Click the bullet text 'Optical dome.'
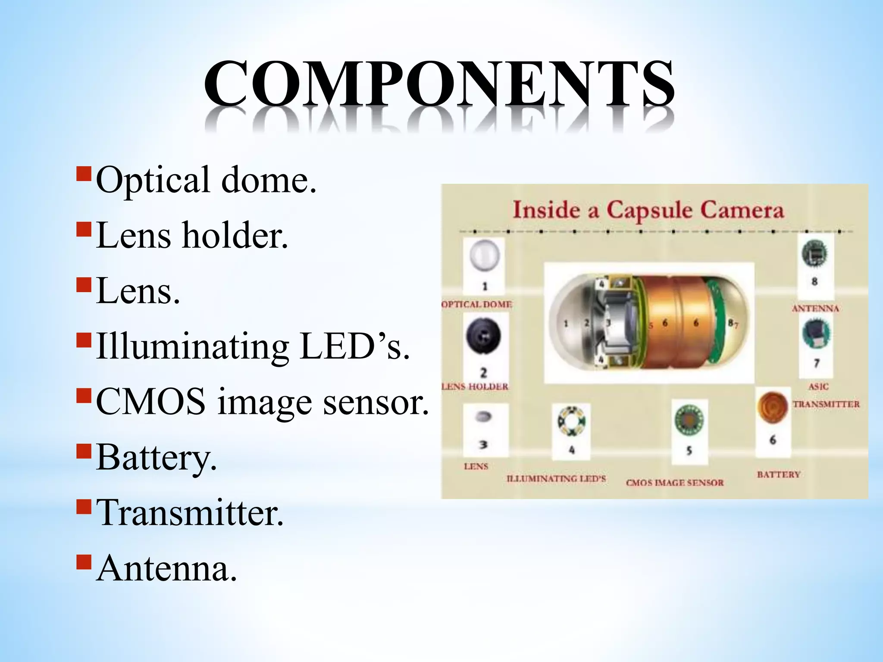coord(206,180)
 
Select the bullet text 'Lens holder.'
coord(192,235)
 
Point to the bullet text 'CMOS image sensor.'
coord(262,402)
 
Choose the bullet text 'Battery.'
coord(156,457)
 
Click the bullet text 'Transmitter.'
coord(190,513)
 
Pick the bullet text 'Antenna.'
coord(166,568)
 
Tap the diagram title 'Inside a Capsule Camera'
coord(648,211)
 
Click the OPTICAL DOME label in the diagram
coord(477,304)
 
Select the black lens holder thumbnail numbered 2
coord(483,337)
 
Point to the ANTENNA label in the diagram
coord(815,309)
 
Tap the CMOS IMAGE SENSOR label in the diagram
coord(675,483)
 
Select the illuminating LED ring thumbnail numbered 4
coord(571,421)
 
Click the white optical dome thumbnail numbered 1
coord(484,256)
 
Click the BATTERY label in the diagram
coord(779,475)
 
